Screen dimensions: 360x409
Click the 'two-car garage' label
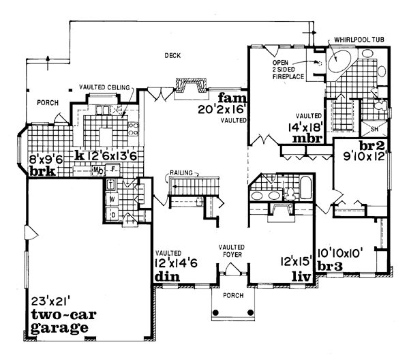pyautogui.click(x=59, y=320)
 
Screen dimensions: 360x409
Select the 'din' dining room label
pyautogui.click(x=167, y=277)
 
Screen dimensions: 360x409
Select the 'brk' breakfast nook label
pyautogui.click(x=42, y=172)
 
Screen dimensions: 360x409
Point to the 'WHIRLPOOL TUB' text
pyautogui.click(x=359, y=41)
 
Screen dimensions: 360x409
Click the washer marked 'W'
pyautogui.click(x=112, y=199)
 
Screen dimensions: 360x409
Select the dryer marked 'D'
pyautogui.click(x=112, y=215)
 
